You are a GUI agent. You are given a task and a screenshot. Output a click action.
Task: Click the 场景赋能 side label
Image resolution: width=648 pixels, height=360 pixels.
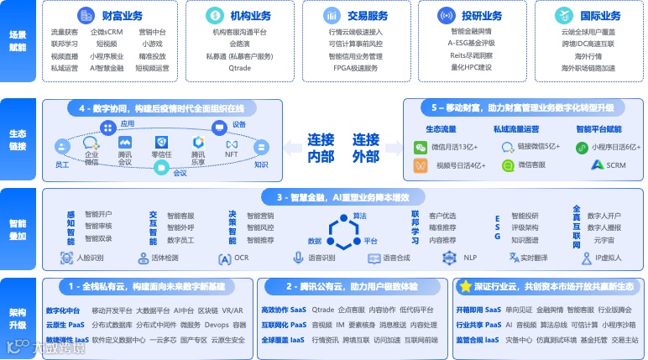[18, 42]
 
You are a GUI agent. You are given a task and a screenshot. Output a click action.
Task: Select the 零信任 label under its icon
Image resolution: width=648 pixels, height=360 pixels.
[161, 155]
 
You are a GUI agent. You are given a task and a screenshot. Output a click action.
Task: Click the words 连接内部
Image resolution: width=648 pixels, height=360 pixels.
[321, 148]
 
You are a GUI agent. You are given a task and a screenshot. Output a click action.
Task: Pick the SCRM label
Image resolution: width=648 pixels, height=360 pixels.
[615, 165]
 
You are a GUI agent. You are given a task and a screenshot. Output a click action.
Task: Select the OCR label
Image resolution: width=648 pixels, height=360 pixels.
[241, 258]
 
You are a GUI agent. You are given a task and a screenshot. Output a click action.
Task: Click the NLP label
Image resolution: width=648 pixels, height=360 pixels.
[469, 258]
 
